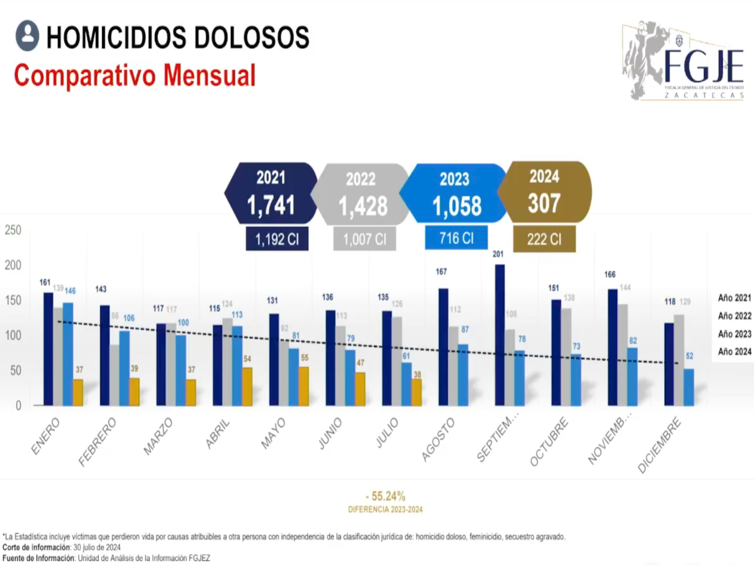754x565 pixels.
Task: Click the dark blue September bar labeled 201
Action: coord(500,335)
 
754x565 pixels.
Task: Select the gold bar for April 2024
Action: coord(247,387)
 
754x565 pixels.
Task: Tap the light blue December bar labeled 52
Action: coord(689,387)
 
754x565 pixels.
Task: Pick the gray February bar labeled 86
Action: coord(114,375)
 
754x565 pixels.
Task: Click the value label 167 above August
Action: coord(441,272)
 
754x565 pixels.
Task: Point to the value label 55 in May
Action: coord(305,358)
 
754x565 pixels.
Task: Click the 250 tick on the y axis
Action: coord(13,230)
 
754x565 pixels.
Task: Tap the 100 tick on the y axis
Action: coord(13,335)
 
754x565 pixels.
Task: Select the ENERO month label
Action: coord(46,436)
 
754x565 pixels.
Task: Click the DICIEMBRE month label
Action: coord(660,445)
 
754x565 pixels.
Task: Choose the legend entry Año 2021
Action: coord(734,298)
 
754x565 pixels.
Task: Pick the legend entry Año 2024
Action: coord(734,352)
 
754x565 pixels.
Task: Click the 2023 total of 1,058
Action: coord(457,206)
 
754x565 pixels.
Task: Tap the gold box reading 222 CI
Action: coord(544,239)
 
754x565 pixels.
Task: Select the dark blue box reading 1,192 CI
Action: coord(277,239)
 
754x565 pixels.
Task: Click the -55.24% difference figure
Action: coord(385,496)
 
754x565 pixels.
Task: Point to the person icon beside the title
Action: coord(27,36)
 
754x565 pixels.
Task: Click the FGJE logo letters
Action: coord(704,66)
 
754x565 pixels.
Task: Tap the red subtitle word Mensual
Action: coord(209,75)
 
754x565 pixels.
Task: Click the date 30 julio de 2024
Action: coord(97,547)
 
